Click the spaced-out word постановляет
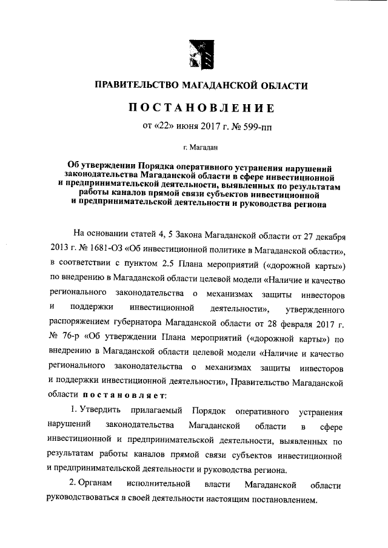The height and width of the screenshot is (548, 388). click(124, 395)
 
